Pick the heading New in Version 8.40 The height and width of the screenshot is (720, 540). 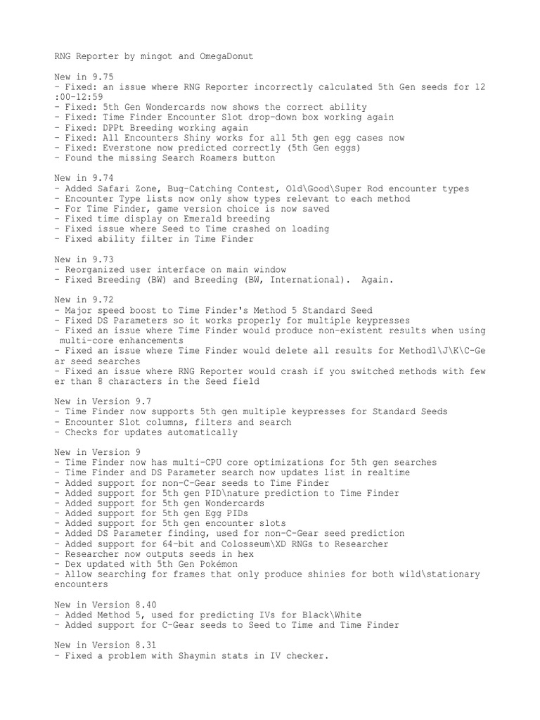tap(105, 605)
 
